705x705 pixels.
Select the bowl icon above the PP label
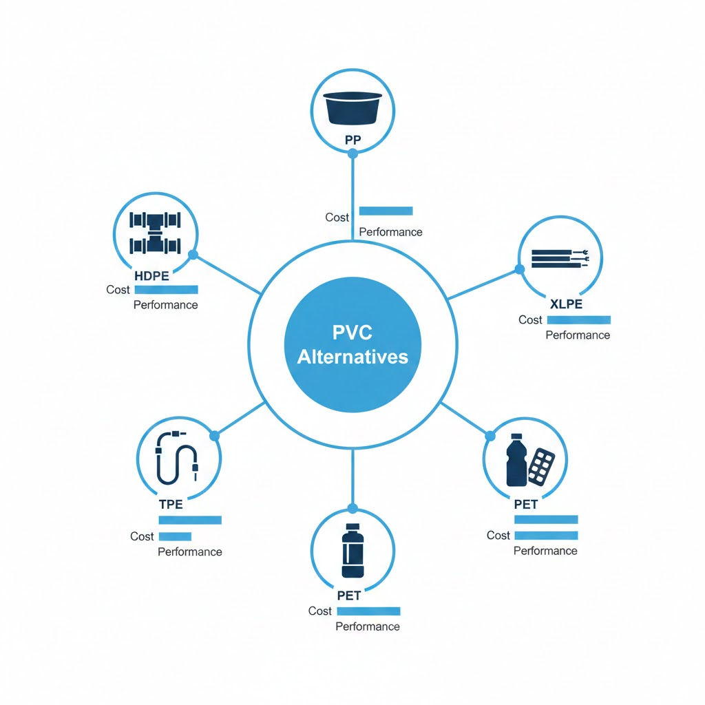(x=353, y=107)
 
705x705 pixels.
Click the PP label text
(x=353, y=140)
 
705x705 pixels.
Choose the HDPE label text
(x=155, y=276)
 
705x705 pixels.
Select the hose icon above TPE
(x=178, y=458)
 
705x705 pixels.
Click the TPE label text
(x=171, y=504)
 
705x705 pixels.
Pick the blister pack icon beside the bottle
(x=541, y=466)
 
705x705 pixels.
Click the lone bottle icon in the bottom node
(x=352, y=551)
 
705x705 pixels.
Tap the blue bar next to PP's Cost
(x=386, y=211)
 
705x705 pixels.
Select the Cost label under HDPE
(x=118, y=290)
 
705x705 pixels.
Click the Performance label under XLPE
(x=578, y=335)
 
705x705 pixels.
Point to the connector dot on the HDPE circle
(x=193, y=255)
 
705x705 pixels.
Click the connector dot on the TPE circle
(x=213, y=436)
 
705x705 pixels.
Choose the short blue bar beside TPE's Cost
(x=175, y=536)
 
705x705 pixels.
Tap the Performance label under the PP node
(x=390, y=232)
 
